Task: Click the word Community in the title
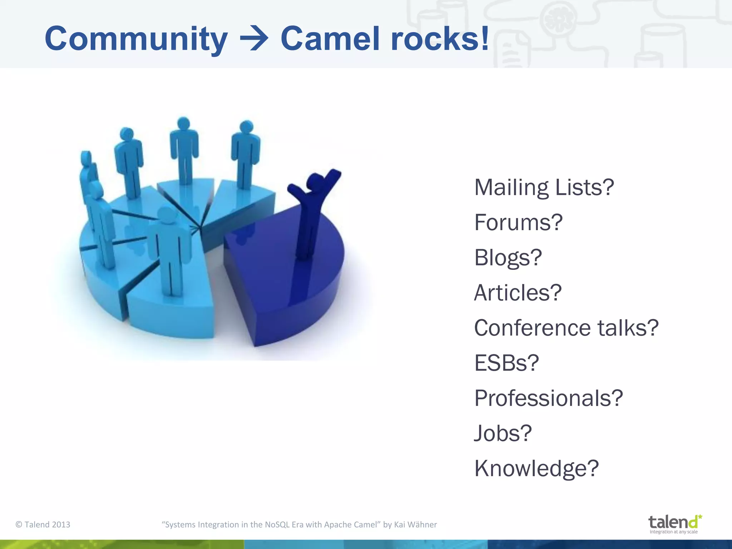(x=136, y=39)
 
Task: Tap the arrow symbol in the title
(x=254, y=39)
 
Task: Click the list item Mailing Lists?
(x=544, y=187)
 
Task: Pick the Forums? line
(x=518, y=222)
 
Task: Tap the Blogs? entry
(x=508, y=257)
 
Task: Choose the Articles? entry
(x=517, y=293)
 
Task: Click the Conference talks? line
(x=566, y=328)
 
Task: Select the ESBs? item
(x=506, y=363)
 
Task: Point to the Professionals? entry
(x=548, y=398)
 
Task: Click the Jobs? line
(x=503, y=433)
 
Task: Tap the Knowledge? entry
(x=536, y=468)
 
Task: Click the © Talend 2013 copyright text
(x=43, y=525)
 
